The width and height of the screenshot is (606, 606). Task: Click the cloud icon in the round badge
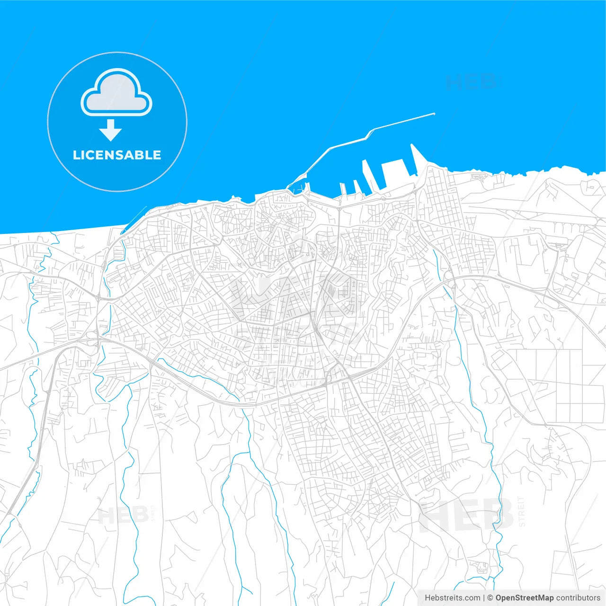pos(116,93)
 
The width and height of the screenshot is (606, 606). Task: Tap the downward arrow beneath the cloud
pos(111,130)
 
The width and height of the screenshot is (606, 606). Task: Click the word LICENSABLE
pos(117,155)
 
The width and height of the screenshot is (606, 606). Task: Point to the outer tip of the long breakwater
pos(434,114)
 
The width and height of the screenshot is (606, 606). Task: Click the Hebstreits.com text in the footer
pos(452,598)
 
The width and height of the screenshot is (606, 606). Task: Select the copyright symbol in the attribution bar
pos(490,598)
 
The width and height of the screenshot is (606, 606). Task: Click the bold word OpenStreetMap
pos(525,598)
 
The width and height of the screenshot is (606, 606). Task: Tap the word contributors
pos(578,598)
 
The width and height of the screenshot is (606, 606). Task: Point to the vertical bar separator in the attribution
pos(484,598)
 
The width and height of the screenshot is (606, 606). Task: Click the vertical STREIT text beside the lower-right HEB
pos(522,511)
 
